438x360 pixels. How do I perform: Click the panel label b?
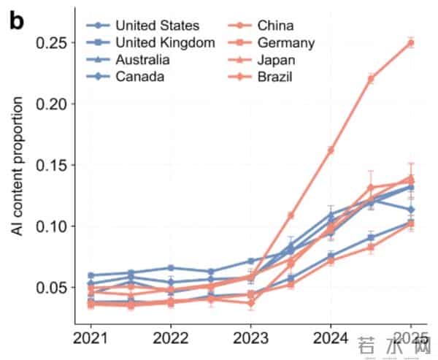tap(16, 21)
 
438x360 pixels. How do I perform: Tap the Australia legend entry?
tap(142, 58)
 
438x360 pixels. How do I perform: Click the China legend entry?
tap(275, 26)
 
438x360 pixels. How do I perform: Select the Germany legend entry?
tap(285, 42)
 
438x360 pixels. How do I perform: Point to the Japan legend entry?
tap(275, 58)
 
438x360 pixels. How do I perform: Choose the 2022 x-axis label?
tap(171, 339)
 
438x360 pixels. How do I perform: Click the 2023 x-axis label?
tap(250, 339)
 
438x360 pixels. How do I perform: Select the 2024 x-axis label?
tap(331, 339)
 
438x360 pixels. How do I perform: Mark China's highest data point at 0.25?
tap(410, 42)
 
